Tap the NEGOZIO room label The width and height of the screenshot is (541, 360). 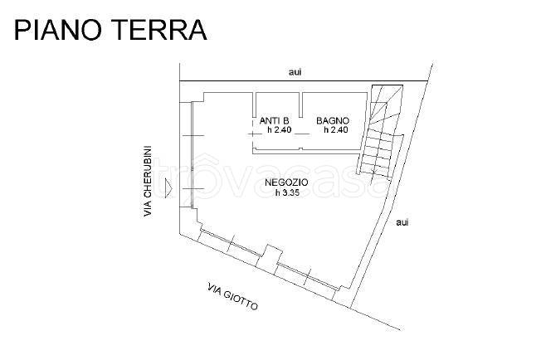pos(286,182)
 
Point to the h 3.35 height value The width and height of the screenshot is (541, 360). pos(287,192)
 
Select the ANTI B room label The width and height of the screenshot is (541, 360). pos(275,120)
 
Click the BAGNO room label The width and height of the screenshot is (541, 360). pos(333,120)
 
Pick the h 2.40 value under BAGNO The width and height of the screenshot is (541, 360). pos(336,130)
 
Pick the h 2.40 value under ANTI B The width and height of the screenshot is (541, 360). pos(280,130)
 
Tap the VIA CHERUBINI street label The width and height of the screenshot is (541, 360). pos(148,182)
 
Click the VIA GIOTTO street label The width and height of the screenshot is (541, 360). pos(233,297)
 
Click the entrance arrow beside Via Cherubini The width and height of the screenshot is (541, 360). pos(168,188)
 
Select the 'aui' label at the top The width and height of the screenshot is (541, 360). pos(295,72)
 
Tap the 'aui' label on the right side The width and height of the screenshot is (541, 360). pos(402,222)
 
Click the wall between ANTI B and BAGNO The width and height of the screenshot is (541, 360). pos(301,105)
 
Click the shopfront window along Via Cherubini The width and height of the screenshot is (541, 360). pos(192,155)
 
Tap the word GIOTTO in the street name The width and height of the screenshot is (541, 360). pos(241,300)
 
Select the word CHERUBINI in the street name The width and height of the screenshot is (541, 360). pos(148,172)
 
